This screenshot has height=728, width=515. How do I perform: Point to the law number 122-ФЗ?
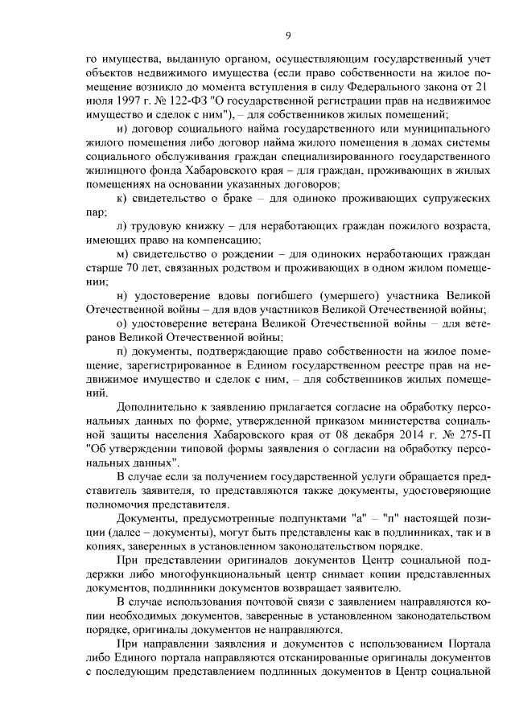(178, 100)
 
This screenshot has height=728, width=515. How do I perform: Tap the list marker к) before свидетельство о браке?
(122, 198)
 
